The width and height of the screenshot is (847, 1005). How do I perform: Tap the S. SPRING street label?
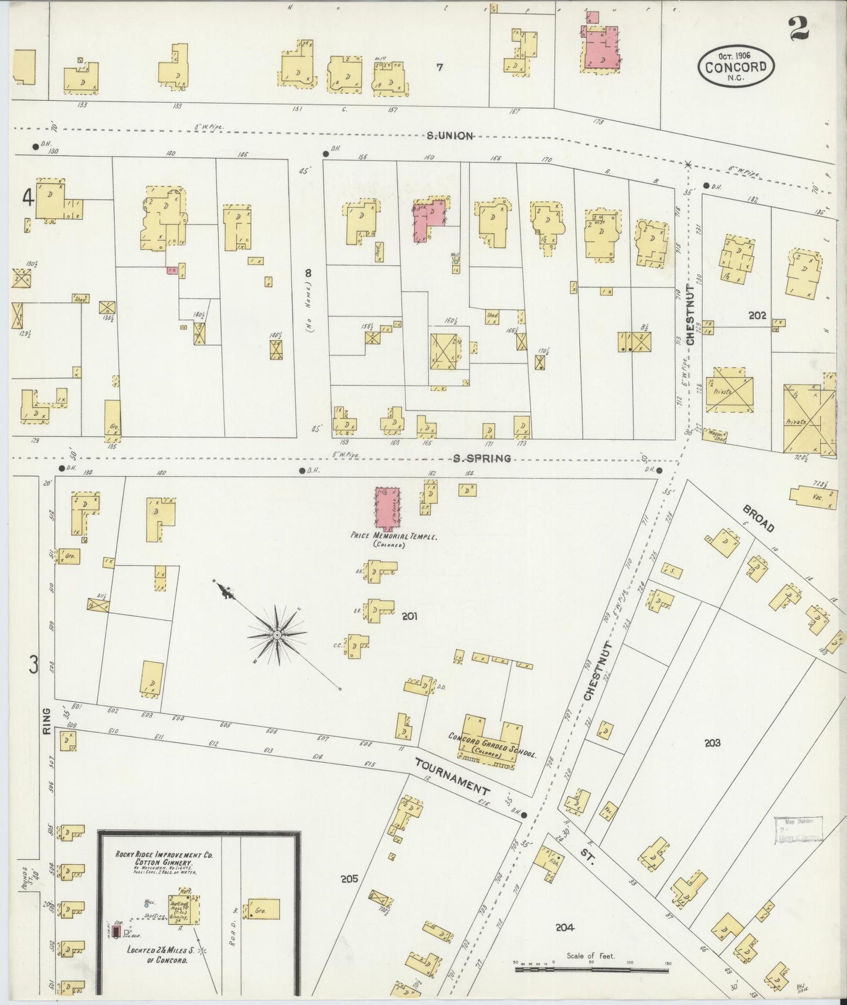(482, 458)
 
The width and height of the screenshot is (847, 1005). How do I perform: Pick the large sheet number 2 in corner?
(799, 28)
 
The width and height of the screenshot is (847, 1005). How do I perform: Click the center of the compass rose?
(277, 635)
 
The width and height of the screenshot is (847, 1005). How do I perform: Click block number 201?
(409, 616)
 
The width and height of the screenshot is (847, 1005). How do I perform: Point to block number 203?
(712, 743)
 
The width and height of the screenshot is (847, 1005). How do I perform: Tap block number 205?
(349, 878)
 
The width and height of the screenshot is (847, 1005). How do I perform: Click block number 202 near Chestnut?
(757, 315)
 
